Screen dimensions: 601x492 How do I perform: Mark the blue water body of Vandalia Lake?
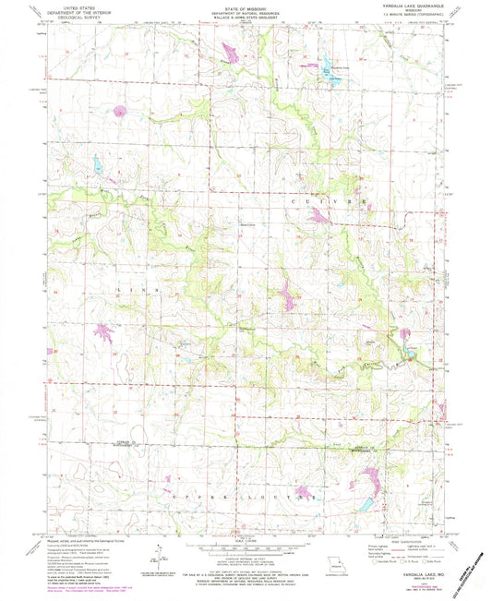coord(325,66)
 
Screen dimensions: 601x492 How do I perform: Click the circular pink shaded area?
coord(119,114)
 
